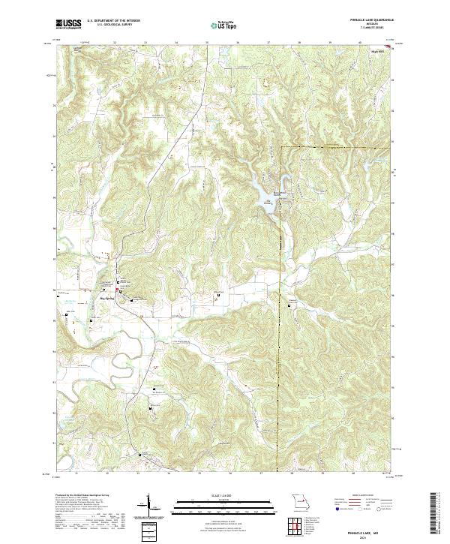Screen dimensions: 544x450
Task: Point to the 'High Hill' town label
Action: pos(377,51)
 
